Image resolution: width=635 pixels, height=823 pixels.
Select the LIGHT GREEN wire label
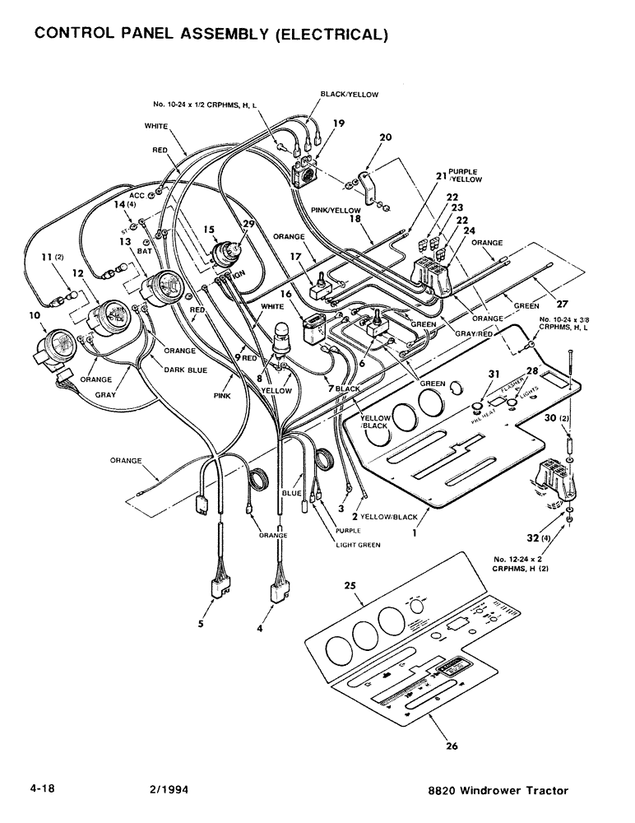(358, 545)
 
